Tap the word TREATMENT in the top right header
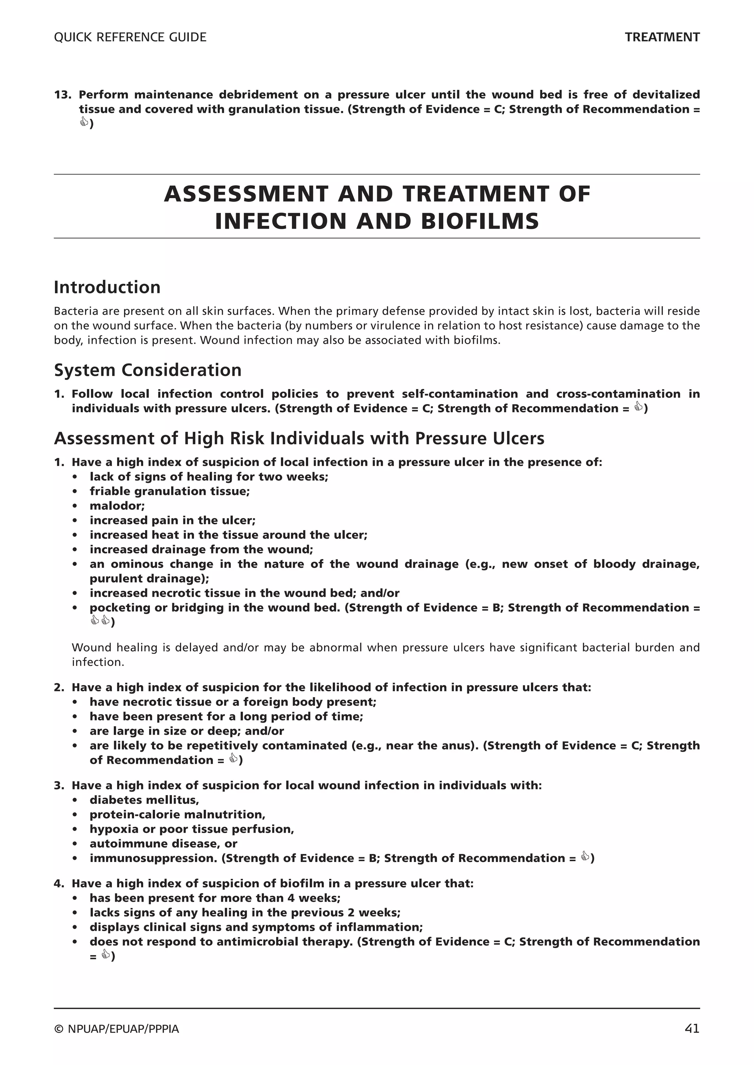[x=662, y=37]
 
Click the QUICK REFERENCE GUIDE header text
[x=130, y=37]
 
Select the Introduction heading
[x=107, y=287]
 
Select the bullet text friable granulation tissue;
[x=169, y=491]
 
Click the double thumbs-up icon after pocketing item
[x=100, y=620]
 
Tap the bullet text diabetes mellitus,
[x=144, y=800]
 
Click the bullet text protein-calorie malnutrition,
[x=177, y=815]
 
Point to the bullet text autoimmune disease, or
[x=163, y=844]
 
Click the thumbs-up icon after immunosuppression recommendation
[x=585, y=857]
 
